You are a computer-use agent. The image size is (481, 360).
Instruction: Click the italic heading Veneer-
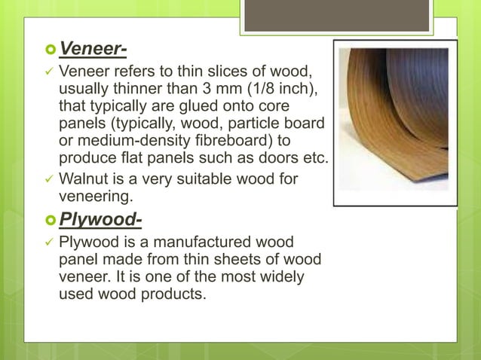pyautogui.click(x=93, y=50)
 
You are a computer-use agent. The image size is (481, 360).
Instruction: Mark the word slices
pyautogui.click(x=225, y=73)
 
